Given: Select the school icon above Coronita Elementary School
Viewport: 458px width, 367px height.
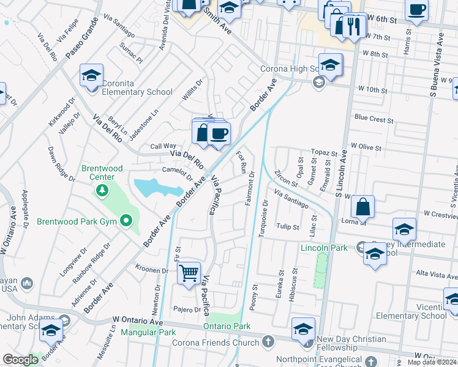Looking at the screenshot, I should tap(91, 76).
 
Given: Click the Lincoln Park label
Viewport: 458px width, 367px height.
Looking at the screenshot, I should tap(323, 248).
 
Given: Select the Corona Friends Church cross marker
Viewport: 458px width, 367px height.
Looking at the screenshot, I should tap(267, 341).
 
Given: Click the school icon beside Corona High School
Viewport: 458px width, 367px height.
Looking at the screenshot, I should tap(330, 65).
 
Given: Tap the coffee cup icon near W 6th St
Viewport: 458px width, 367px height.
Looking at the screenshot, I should tap(417, 10).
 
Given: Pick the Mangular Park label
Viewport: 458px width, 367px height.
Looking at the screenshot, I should tap(148, 332).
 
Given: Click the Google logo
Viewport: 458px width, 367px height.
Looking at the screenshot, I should tap(21, 360).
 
